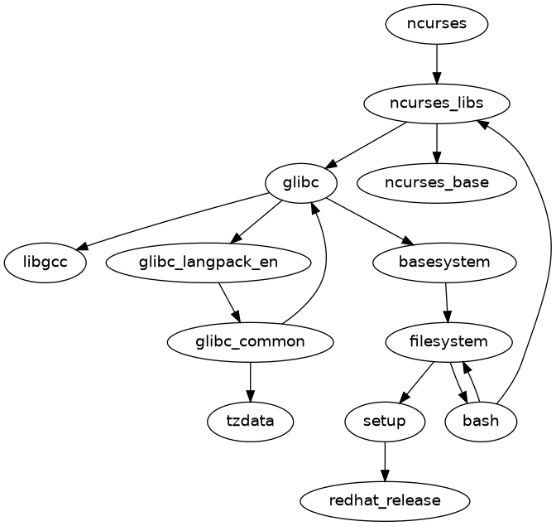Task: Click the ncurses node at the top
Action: point(436,23)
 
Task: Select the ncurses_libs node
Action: point(436,104)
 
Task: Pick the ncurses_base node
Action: point(436,182)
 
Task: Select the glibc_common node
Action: point(250,341)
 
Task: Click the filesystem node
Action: point(448,341)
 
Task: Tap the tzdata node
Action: point(250,421)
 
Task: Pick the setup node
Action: point(385,421)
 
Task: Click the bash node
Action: point(481,421)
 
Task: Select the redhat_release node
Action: point(385,500)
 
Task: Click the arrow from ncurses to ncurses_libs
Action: point(436,63)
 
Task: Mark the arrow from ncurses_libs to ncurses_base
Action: point(436,142)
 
